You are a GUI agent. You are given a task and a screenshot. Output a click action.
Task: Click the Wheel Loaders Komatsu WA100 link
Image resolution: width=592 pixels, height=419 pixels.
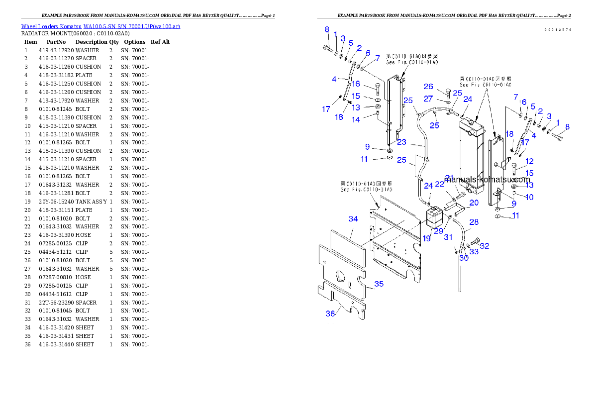[100, 26]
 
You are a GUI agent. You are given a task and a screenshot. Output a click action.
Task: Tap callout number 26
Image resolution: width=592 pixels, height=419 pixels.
[428, 87]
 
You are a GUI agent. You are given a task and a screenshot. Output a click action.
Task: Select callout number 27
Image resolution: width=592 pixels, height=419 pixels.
[428, 99]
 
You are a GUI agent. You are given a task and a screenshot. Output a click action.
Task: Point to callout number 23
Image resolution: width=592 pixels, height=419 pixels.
[401, 142]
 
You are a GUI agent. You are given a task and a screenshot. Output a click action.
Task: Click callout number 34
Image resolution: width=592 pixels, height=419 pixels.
[353, 219]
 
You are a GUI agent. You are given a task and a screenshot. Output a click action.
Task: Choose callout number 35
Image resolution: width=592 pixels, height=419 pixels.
[379, 284]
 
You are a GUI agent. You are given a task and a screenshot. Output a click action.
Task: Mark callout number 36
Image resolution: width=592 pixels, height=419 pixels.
[330, 314]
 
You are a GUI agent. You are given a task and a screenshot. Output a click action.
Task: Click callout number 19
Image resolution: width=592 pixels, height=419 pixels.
[427, 239]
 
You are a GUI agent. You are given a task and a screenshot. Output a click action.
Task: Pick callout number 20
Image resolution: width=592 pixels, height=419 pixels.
[474, 203]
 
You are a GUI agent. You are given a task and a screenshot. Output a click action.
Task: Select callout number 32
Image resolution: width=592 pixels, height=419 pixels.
[484, 246]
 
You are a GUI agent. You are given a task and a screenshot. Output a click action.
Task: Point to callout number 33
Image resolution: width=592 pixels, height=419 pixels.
[474, 252]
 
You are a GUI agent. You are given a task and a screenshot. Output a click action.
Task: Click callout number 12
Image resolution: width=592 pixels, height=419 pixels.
[529, 161]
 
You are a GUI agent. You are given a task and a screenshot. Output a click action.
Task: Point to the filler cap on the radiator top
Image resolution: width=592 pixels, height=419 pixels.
[471, 116]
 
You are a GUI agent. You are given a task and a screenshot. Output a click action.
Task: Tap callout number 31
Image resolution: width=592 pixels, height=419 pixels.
[448, 237]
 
